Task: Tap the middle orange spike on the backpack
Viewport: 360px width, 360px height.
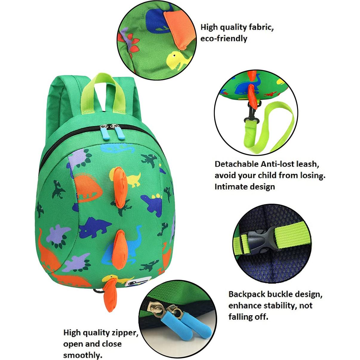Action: coord(121,249)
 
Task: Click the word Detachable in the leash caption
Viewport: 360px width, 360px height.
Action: coord(237,164)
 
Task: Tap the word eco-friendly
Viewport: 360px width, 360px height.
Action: coord(224,39)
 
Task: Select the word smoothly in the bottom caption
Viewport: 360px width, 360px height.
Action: coord(82,355)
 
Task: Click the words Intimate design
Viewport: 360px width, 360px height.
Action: coord(245,187)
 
